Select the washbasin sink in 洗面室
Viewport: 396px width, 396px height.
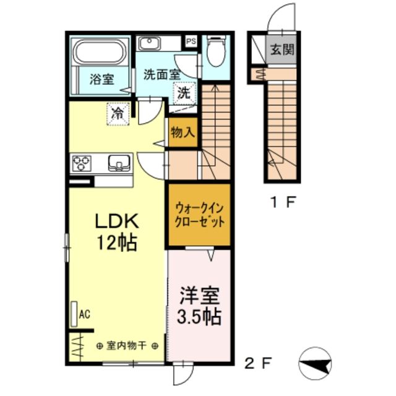tap(149, 43)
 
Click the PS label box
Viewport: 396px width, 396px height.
tap(191, 41)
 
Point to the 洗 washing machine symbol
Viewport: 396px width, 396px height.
tap(184, 94)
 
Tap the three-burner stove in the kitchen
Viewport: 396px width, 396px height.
tap(82, 163)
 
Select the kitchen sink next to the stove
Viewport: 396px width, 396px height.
tap(118, 163)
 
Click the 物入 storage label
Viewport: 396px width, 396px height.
tap(183, 133)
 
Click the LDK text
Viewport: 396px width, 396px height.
tap(118, 221)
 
